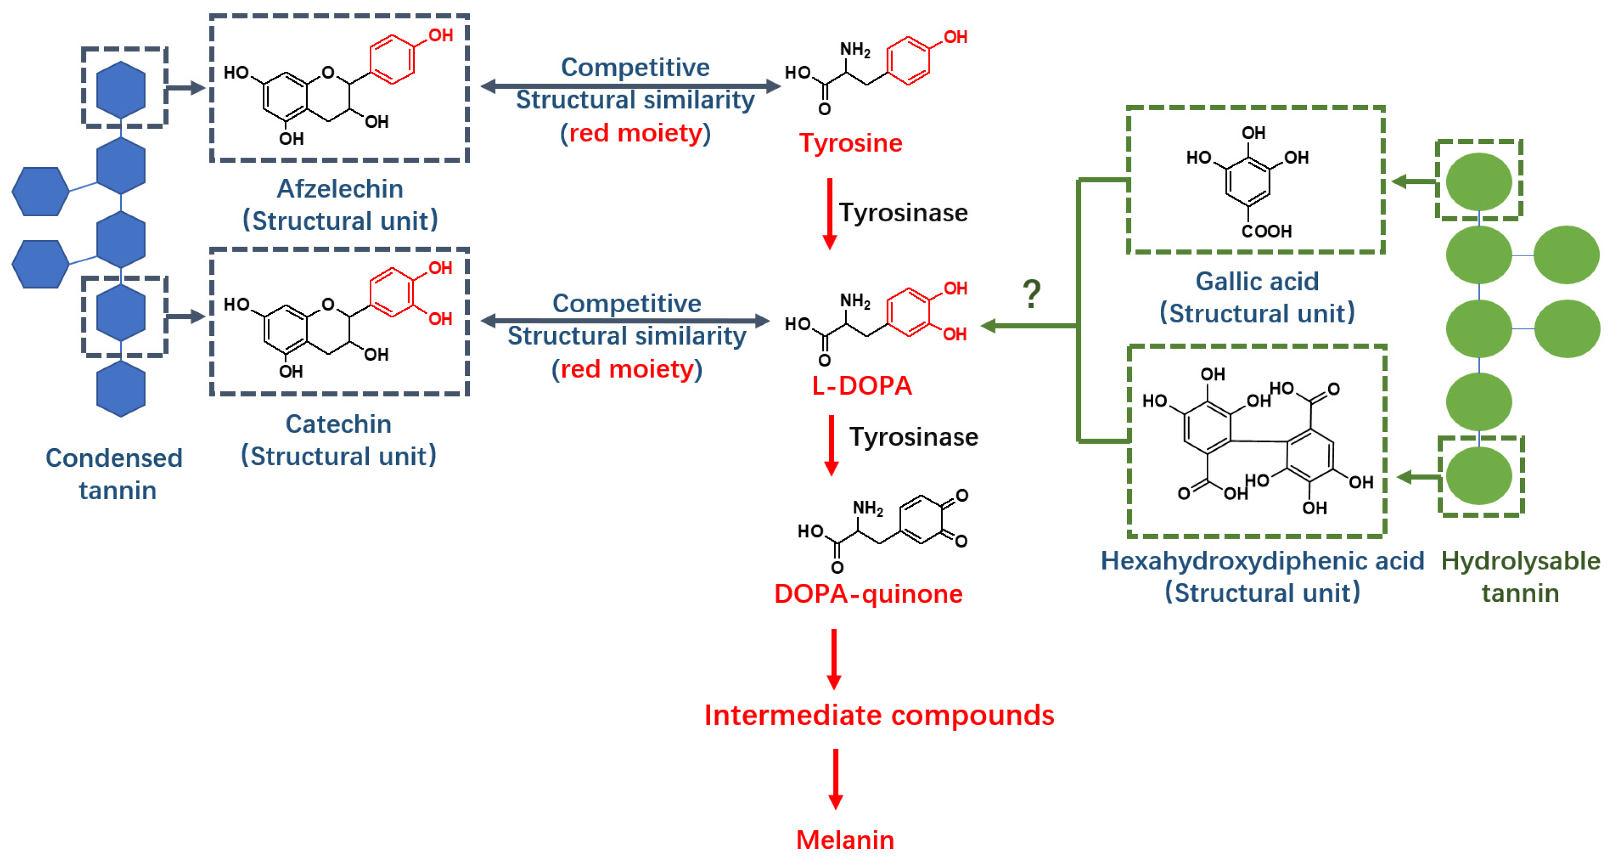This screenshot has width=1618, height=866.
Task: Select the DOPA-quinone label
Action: (x=868, y=594)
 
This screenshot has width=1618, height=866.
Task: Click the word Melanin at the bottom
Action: (x=845, y=840)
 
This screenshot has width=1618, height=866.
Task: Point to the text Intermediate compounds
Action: (x=879, y=715)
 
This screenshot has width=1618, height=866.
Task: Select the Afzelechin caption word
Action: (x=340, y=189)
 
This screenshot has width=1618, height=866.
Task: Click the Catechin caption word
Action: (x=338, y=424)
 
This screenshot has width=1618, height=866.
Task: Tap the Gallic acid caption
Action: (x=1256, y=281)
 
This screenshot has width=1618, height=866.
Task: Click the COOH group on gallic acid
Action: (x=1266, y=232)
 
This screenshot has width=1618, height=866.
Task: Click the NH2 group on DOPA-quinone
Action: (x=867, y=508)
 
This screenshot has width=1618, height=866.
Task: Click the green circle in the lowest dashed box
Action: (x=1479, y=476)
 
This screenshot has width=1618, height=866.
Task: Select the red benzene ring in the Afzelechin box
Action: (x=392, y=60)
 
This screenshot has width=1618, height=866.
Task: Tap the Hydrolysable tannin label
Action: (x=1520, y=577)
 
